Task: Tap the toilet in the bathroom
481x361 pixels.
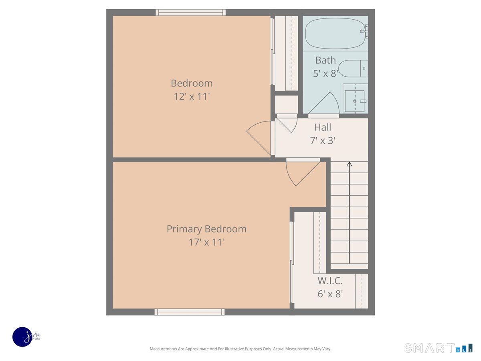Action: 353,68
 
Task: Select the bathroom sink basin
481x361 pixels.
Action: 355,101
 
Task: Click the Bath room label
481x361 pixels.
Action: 325,60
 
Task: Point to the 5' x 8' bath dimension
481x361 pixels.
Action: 325,73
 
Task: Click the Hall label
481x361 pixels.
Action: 323,127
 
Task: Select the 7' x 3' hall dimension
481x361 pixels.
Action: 323,140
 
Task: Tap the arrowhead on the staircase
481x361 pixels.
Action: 349,164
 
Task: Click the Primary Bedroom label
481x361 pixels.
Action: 206,229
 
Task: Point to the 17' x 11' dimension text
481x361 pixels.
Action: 206,242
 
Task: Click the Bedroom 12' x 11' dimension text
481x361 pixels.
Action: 192,96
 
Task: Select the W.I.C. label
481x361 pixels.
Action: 330,281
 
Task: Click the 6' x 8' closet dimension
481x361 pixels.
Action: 330,294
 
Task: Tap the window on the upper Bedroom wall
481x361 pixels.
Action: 190,12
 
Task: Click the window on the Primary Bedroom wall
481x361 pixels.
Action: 189,312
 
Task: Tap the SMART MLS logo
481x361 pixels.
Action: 438,348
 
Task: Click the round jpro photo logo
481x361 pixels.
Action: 22,337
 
